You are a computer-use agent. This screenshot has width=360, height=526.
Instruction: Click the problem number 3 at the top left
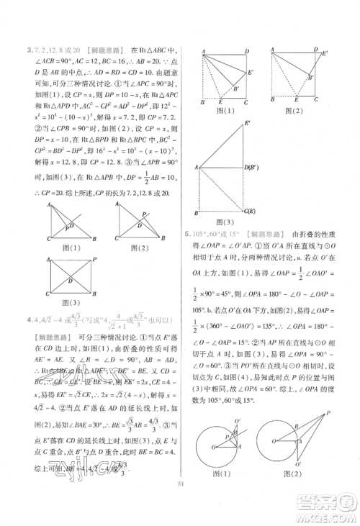click(x=28, y=50)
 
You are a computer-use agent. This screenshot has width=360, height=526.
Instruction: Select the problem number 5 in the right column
click(x=186, y=234)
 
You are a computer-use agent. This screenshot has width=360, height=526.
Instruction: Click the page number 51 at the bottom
click(x=180, y=513)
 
